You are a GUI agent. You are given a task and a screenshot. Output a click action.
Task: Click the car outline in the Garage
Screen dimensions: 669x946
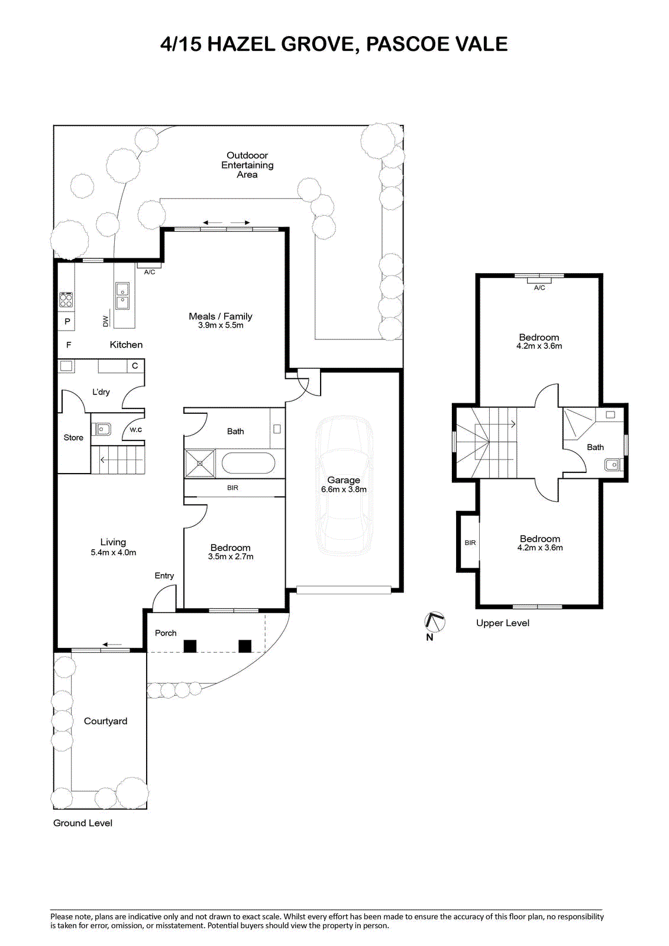(x=344, y=485)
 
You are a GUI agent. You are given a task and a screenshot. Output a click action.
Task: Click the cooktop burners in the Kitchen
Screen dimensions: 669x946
(x=66, y=299)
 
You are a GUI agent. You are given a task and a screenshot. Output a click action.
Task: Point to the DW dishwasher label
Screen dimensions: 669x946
(x=106, y=321)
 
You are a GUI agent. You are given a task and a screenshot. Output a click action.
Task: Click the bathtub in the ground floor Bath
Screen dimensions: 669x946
(x=248, y=464)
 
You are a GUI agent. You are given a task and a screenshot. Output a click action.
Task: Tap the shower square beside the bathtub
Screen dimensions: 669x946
(x=200, y=464)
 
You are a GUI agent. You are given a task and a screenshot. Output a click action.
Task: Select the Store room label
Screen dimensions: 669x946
(x=73, y=438)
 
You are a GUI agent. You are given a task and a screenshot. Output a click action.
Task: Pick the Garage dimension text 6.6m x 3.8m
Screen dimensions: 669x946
(x=344, y=490)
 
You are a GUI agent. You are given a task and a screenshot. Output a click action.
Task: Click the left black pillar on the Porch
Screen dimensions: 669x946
(x=190, y=646)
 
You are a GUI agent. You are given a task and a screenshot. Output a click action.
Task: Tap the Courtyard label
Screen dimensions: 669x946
(x=105, y=721)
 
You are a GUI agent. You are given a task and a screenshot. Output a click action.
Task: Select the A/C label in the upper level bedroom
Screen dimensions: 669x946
(x=539, y=287)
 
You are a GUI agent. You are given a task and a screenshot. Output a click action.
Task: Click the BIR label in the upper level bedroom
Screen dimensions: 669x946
(x=470, y=543)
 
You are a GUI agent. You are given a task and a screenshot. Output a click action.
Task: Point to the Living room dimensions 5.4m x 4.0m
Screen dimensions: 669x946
(x=113, y=552)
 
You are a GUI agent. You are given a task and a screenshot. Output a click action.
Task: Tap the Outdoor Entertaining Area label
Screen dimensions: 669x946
(x=247, y=165)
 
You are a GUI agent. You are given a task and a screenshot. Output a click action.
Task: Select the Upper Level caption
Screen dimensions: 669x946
(x=503, y=623)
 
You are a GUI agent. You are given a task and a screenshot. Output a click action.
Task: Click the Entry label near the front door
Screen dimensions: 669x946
(x=164, y=576)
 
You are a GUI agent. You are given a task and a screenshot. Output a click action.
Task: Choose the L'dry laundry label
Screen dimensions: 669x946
(x=101, y=392)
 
